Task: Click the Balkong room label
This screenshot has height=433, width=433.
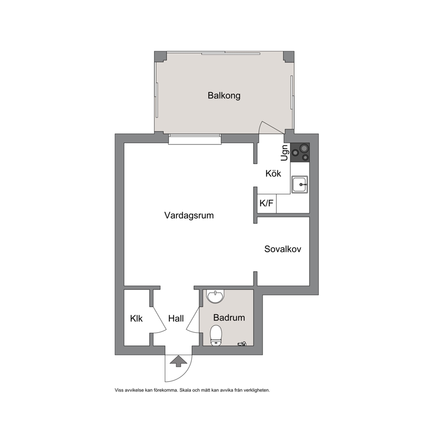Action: [x=224, y=96]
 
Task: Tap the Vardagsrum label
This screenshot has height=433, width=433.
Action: [x=189, y=215]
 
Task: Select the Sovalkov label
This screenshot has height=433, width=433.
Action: [x=283, y=249]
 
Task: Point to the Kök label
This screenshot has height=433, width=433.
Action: [x=273, y=173]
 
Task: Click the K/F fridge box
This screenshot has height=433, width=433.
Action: [x=267, y=203]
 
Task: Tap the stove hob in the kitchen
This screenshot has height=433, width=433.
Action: [x=300, y=152]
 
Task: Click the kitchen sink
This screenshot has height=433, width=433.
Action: [x=299, y=184]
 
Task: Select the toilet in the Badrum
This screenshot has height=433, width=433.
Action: [x=216, y=335]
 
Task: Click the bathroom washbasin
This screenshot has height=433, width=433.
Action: [x=216, y=296]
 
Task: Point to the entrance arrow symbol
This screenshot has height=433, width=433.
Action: [x=178, y=361]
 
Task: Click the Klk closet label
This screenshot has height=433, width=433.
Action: [x=137, y=319]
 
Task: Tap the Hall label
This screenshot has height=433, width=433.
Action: [x=176, y=319]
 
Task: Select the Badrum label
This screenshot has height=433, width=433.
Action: [x=229, y=318]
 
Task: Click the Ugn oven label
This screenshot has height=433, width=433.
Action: [x=285, y=152]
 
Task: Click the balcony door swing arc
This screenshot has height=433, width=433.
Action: [x=260, y=130]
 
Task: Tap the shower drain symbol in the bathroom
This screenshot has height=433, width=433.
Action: [x=242, y=344]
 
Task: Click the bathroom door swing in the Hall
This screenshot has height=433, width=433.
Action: [x=193, y=320]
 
